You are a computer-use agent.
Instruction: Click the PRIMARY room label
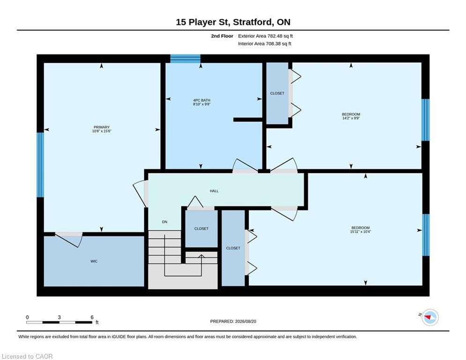102,127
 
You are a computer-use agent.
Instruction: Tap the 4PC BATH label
202,100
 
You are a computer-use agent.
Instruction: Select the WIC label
94,261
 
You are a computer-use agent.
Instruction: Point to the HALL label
214,191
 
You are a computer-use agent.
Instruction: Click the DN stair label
165,222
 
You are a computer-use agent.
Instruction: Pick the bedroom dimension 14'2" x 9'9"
351,118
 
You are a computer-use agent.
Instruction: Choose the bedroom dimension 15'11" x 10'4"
361,232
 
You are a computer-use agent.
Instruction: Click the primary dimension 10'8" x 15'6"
102,131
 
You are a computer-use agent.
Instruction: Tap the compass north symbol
430,317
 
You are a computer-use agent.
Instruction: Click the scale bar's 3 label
59,317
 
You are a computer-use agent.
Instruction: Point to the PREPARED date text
233,321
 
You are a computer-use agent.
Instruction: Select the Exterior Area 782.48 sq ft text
266,36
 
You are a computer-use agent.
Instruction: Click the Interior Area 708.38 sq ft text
265,44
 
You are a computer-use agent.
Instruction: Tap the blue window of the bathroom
185,59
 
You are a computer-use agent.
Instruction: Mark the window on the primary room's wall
40,165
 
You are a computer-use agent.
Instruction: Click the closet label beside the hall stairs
201,229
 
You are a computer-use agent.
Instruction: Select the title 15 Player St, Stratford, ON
233,22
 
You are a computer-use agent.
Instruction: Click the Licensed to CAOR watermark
27,356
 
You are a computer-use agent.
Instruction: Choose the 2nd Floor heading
222,36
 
